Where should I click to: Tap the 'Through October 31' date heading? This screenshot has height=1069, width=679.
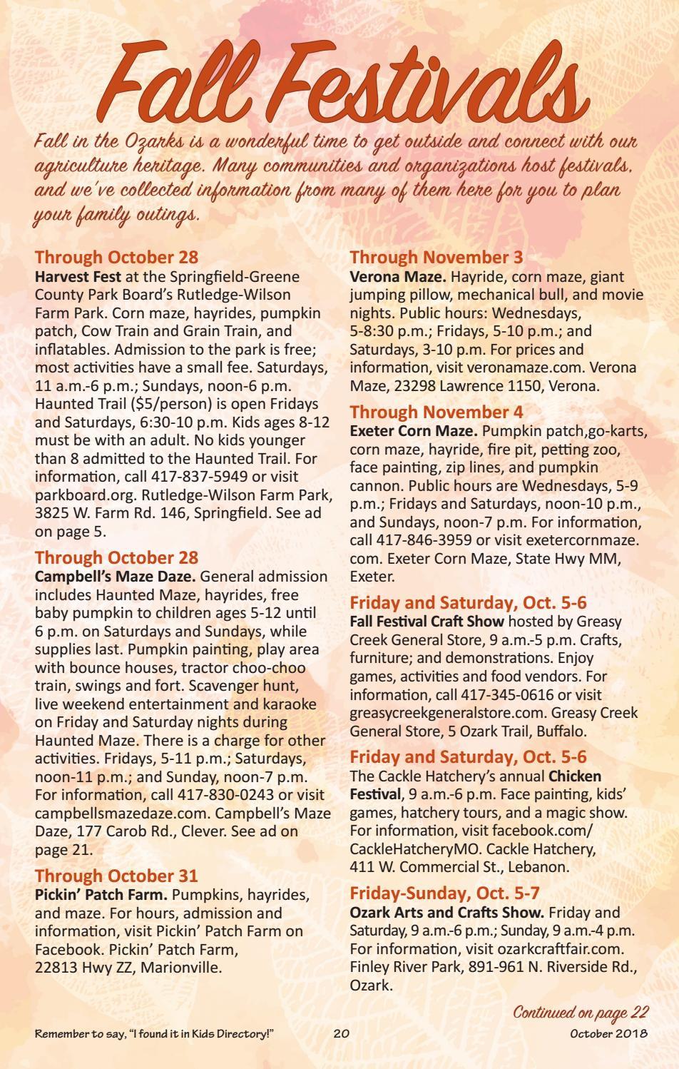click(x=116, y=876)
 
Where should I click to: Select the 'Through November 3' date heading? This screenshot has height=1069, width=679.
click(x=436, y=257)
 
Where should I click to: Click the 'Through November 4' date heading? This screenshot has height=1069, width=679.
click(x=436, y=412)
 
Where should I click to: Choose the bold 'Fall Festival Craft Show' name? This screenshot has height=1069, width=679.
click(x=427, y=622)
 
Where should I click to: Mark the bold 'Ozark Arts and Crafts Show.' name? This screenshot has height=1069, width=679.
click(x=447, y=912)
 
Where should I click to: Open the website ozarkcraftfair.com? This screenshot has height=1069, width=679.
click(x=555, y=949)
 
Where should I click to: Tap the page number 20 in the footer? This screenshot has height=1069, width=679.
click(x=341, y=1034)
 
